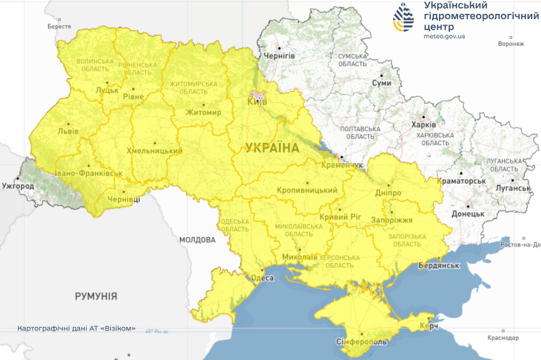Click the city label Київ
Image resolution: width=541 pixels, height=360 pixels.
click(x=257, y=101)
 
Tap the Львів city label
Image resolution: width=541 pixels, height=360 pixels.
click(x=68, y=131)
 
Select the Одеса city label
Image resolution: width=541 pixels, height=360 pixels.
click(x=262, y=278)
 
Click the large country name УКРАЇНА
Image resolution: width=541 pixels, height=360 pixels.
click(x=272, y=148)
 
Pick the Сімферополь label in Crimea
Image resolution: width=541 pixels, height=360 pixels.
click(x=361, y=342)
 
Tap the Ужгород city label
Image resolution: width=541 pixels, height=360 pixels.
click(x=18, y=186)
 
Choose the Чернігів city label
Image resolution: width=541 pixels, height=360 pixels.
click(x=279, y=56)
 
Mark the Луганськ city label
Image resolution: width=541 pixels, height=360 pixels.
click(x=513, y=188)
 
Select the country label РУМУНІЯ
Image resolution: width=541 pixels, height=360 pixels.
click(x=96, y=296)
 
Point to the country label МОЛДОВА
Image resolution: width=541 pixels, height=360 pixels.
click(x=197, y=239)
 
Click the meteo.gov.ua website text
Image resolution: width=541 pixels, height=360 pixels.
click(x=444, y=37)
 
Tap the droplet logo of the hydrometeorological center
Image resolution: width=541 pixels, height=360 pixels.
click(x=404, y=17)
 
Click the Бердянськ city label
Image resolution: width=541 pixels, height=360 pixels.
click(x=440, y=266)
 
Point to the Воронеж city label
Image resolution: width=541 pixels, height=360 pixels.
click(x=511, y=43)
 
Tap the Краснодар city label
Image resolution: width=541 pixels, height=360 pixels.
click(x=503, y=337)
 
